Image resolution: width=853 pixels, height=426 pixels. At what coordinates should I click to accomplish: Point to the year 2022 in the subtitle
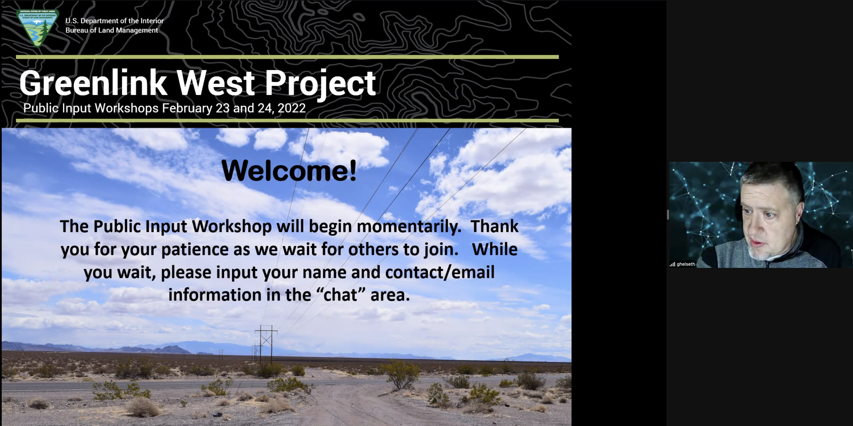[x=291, y=108]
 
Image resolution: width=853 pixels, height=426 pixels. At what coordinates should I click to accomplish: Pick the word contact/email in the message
[x=440, y=272]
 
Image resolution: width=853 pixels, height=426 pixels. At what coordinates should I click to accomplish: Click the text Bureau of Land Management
[x=112, y=30]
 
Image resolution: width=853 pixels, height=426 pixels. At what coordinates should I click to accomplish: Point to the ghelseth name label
[x=686, y=264]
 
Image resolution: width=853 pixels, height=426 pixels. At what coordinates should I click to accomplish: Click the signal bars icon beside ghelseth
[x=672, y=264]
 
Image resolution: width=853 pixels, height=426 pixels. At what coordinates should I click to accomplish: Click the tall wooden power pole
[x=266, y=345]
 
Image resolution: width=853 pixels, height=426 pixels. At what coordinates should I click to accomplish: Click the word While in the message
[x=495, y=249]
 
